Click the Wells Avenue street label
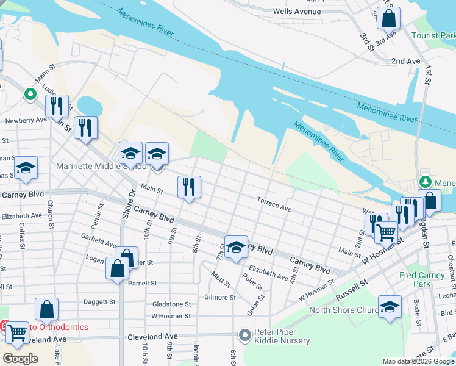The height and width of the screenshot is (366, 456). (x=297, y=12)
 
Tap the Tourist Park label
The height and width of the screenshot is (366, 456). (x=433, y=35)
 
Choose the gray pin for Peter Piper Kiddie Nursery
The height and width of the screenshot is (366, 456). (x=245, y=335)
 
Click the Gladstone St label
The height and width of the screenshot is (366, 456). (x=171, y=304)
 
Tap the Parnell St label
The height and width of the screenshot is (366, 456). (x=142, y=283)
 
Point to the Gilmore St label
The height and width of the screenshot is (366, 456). (x=220, y=297)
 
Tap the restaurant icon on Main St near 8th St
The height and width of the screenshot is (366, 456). (x=189, y=186)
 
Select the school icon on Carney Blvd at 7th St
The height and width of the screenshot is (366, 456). (x=236, y=246)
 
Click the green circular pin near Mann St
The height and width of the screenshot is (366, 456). (x=29, y=95)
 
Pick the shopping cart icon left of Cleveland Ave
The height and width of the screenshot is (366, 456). (x=17, y=333)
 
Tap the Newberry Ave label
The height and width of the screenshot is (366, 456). (x=26, y=120)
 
